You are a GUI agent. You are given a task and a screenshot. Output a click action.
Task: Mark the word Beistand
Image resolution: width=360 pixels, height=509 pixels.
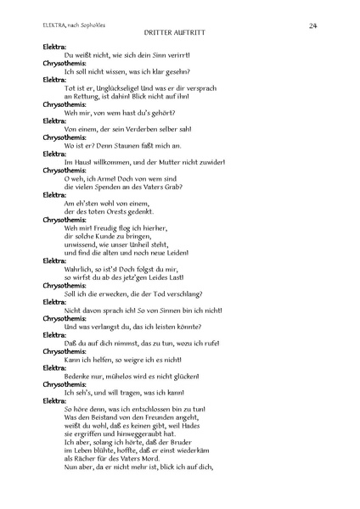point(110,417)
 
